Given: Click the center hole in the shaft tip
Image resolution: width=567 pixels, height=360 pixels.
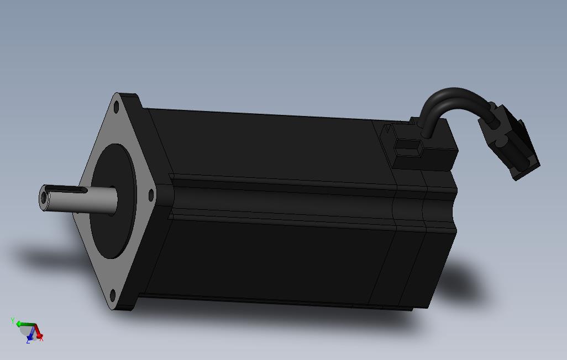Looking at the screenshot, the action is (x=44, y=198).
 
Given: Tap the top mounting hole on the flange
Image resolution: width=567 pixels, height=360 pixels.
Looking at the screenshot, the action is (x=117, y=107).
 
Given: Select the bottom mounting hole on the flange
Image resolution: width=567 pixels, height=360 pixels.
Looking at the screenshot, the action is (x=112, y=295).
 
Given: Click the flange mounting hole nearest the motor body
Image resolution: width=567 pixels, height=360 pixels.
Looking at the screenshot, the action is (x=151, y=195).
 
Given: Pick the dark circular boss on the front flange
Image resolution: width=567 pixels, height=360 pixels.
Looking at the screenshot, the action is (x=113, y=201).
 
